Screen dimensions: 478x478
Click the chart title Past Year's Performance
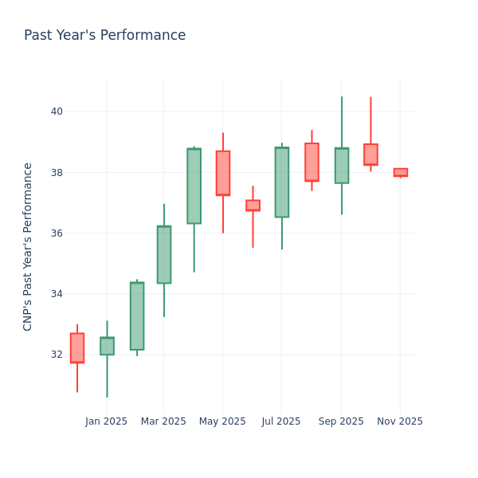click(x=104, y=36)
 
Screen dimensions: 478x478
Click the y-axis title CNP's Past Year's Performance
click(x=28, y=246)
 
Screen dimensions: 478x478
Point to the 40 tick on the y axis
click(x=56, y=112)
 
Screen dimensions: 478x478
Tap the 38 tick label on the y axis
click(x=56, y=172)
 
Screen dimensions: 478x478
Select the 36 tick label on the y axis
click(x=56, y=233)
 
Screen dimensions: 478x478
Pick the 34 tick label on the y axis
click(x=56, y=294)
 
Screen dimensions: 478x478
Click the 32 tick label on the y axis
click(x=56, y=355)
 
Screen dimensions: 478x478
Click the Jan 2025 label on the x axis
click(x=106, y=421)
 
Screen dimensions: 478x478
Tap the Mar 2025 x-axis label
click(x=163, y=421)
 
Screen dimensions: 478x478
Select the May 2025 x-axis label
click(x=222, y=421)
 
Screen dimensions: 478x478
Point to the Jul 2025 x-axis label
click(x=281, y=421)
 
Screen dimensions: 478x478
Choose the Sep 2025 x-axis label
click(x=341, y=421)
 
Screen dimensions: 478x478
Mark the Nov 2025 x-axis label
click(x=400, y=421)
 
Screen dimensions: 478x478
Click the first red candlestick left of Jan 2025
click(x=77, y=348)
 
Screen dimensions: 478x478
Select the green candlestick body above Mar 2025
click(x=164, y=254)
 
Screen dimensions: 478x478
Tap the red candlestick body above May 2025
click(x=222, y=173)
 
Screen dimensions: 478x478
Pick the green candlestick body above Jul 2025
click(x=281, y=182)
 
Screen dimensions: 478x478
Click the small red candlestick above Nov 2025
click(x=400, y=172)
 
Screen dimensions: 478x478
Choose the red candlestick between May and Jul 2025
click(x=253, y=206)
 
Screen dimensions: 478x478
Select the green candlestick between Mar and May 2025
click(x=194, y=186)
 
